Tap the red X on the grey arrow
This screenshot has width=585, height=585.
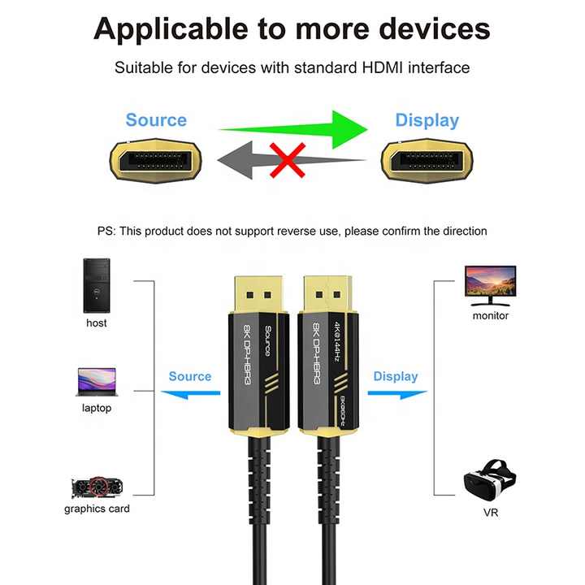coord(288,160)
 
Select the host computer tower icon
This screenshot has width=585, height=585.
coord(97,285)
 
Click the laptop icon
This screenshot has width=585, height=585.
coord(97,382)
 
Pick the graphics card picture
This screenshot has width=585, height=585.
coord(97,487)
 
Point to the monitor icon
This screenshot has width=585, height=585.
coord(490,286)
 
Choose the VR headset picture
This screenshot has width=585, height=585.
coord(490,481)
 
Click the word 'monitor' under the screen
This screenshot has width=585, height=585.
coord(490,315)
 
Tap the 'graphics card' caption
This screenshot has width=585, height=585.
coord(97,509)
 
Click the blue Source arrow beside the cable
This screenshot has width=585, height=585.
coord(191,393)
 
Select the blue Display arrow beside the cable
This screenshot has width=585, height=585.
coord(397,393)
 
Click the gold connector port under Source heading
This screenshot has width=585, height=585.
coord(155,161)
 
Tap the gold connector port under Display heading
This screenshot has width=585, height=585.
coord(427,161)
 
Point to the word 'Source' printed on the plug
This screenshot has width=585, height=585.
coord(268,340)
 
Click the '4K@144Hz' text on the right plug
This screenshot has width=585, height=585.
coord(337,342)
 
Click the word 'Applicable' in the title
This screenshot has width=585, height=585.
coord(171,30)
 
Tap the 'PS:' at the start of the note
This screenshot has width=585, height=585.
coord(106,231)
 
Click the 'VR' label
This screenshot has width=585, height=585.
coord(491,513)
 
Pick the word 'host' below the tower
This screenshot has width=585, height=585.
coord(96,323)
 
